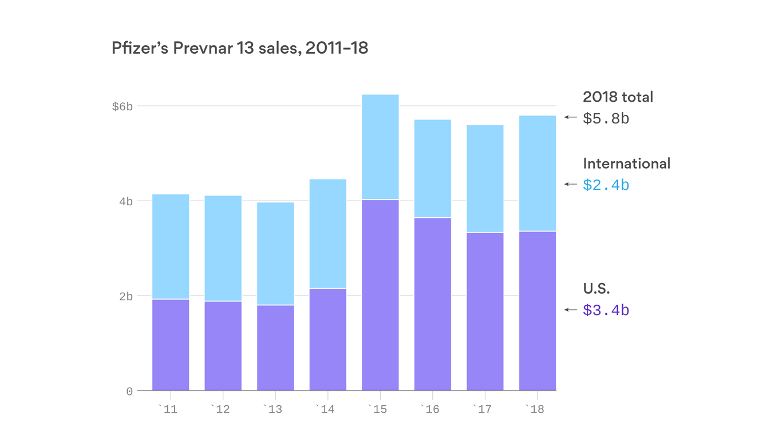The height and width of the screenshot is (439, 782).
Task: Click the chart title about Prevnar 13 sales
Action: pos(240,49)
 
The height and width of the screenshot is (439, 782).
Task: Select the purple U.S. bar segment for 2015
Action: pos(380,295)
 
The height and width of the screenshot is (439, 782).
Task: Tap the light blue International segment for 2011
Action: pos(171,246)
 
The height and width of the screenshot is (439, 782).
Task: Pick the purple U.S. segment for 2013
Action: pos(275,348)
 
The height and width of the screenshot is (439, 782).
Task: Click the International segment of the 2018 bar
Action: pos(537,173)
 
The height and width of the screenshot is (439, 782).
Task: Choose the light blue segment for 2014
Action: pos(327,233)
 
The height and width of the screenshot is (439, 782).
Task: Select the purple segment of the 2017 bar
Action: pos(485,311)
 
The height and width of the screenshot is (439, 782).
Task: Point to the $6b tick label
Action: pos(122,106)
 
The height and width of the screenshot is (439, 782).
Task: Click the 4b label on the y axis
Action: pos(125,201)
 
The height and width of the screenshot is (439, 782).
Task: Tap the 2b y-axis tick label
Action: pos(125,296)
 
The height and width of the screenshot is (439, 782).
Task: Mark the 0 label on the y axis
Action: pos(129,392)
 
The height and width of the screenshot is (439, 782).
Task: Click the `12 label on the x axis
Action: pos(222,409)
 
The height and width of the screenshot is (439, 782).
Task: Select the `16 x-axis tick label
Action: pos(432,409)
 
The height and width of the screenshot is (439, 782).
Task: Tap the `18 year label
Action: pos(537,409)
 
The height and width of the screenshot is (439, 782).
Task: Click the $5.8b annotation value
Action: pos(606,118)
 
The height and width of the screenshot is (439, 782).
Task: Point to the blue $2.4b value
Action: pos(606,185)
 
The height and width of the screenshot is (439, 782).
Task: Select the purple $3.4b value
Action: pos(606,310)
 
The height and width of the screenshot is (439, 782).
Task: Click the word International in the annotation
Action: pos(626,163)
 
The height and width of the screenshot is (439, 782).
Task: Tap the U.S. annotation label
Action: pos(597,288)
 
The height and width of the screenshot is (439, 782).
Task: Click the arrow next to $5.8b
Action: pos(570,117)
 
